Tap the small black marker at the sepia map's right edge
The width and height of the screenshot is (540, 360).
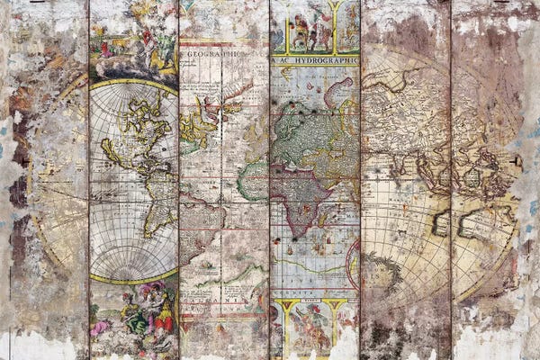pos(516,160)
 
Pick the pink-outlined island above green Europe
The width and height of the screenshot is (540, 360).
pos(339,90)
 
